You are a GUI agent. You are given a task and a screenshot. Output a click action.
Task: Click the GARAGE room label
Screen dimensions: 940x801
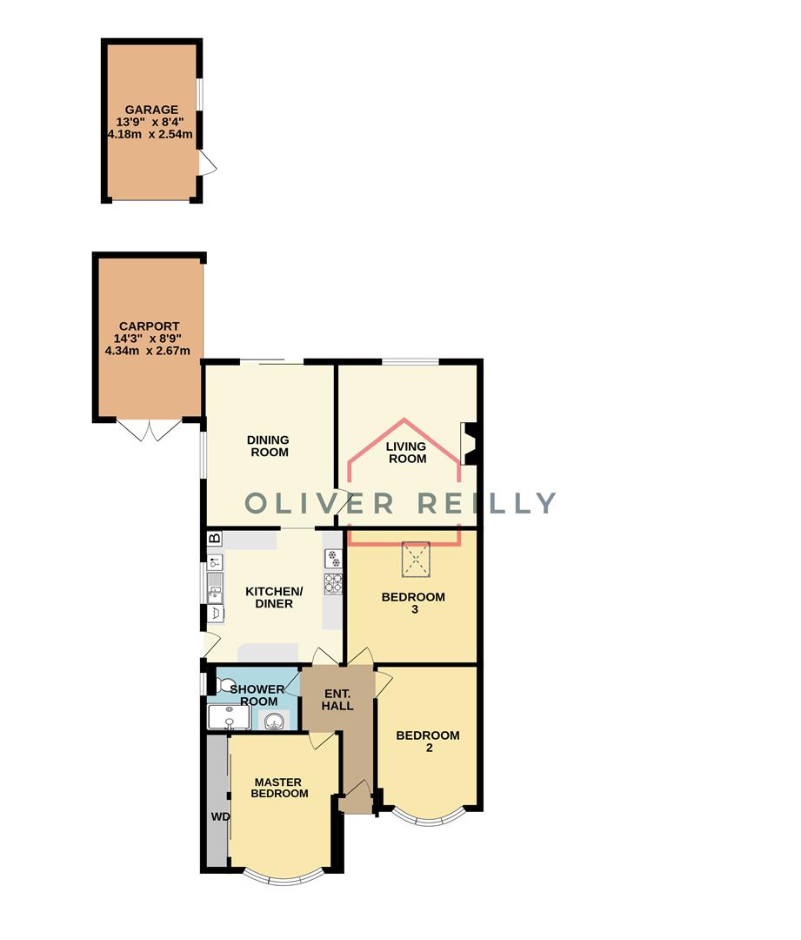(x=151, y=110)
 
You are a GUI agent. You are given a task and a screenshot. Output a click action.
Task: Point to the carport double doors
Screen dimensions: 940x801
(x=150, y=430)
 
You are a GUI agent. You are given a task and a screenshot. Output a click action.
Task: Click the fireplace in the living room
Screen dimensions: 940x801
(x=468, y=443)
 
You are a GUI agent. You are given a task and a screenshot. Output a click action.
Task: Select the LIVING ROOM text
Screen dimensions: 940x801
(x=406, y=453)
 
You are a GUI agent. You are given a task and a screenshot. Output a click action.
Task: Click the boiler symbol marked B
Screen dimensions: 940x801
(x=214, y=539)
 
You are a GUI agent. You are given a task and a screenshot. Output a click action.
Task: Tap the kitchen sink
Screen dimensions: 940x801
(x=215, y=587)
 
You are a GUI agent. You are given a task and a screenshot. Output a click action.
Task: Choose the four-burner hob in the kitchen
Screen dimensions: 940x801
(x=333, y=582)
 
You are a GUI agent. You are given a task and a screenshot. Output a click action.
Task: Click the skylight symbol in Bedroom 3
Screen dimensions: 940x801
(x=416, y=559)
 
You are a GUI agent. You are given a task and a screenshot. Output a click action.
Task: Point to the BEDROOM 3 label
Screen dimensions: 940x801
(x=414, y=603)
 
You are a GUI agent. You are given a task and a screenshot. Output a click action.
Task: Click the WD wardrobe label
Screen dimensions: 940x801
(x=219, y=817)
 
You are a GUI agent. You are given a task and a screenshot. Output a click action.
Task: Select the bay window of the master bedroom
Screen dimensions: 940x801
(x=279, y=877)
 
